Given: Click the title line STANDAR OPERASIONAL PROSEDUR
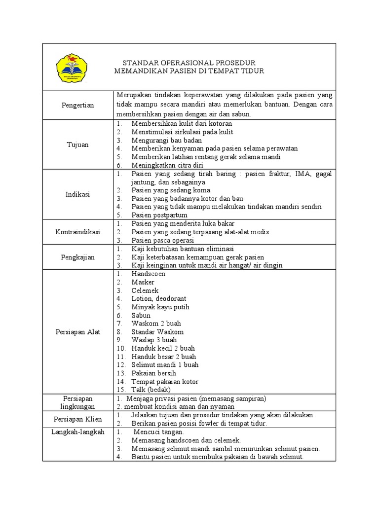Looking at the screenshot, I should (189, 63).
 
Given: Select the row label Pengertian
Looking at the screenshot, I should (78, 105).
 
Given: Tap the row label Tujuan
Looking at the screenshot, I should (78, 144).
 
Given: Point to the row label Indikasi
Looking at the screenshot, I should (78, 194).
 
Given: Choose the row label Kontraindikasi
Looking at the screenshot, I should (78, 232).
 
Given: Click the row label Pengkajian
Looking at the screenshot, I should (78, 257).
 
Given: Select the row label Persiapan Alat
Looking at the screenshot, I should (78, 332).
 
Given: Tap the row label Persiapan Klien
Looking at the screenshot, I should (78, 419).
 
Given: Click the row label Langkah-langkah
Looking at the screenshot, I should (78, 432).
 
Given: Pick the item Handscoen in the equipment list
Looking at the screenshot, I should (149, 274).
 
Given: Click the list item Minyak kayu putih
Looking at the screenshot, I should (160, 307).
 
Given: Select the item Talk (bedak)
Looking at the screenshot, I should (151, 390).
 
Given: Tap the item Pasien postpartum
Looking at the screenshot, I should (159, 215).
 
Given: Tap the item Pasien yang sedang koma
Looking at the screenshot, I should (172, 190).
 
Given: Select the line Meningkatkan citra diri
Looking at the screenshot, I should (167, 165).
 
